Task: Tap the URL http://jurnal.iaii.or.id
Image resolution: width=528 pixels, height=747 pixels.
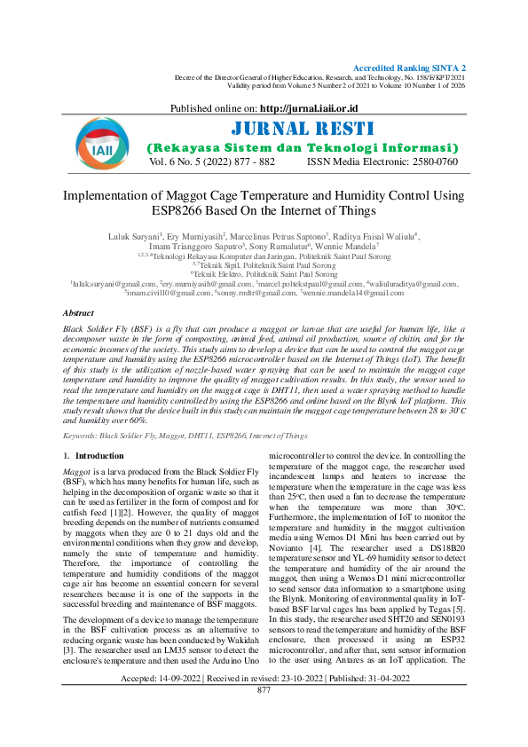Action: point(300,107)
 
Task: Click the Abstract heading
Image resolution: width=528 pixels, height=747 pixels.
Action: point(80,313)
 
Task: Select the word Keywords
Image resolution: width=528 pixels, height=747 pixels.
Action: point(79,436)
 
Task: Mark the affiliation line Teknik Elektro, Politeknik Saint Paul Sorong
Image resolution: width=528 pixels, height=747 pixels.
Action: point(264,274)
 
